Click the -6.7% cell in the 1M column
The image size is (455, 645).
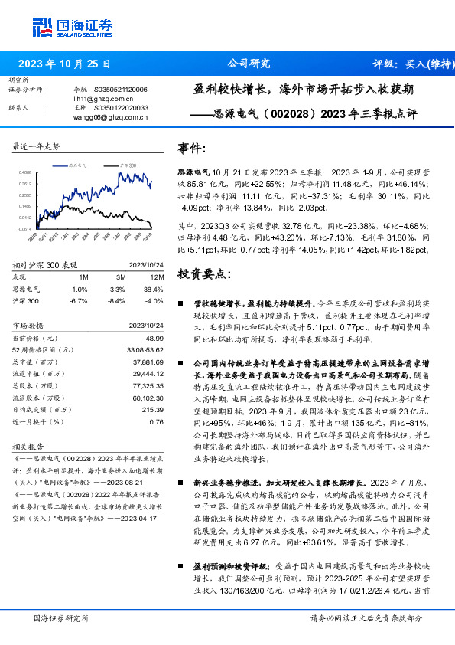pos(78,300)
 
